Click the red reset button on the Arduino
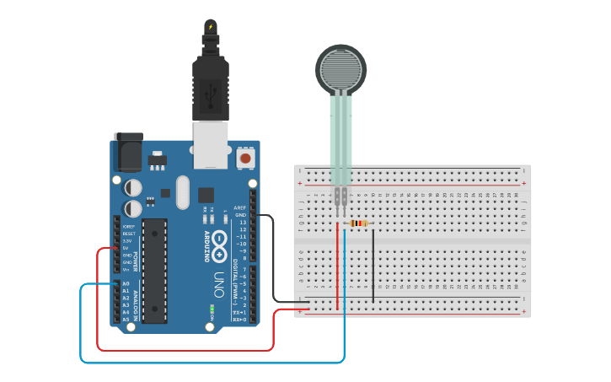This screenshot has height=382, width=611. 246,157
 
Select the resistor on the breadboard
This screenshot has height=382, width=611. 358,223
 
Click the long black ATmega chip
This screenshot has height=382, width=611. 154,271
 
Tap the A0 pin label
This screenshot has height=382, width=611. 126,284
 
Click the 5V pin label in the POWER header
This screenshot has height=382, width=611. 126,248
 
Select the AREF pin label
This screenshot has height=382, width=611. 240,207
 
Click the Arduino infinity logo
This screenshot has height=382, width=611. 219,245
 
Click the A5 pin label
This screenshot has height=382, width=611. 126,320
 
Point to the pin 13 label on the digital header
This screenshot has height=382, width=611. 242,222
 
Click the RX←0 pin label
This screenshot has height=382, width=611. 239,320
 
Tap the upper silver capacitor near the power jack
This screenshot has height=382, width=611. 133,186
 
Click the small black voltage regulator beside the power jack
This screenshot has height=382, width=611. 157,159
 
